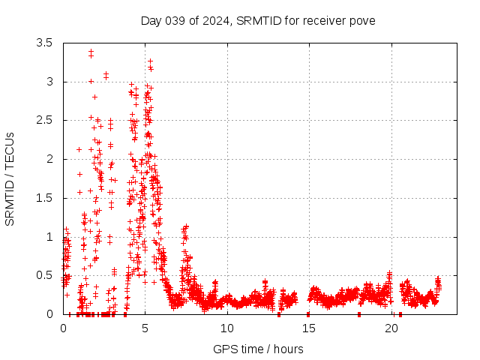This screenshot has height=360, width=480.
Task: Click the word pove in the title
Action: pos(361,20)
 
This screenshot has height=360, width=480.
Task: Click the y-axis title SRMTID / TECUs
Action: pos(10,178)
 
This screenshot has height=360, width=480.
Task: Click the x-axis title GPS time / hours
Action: pos(259,349)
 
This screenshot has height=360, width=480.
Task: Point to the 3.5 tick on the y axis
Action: pos(44,43)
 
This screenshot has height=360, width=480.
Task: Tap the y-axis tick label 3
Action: pos(49,82)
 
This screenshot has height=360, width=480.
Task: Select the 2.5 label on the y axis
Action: pos(44,120)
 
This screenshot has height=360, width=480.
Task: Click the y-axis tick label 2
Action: pos(49,159)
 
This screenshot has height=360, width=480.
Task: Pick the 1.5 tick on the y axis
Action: pos(44,198)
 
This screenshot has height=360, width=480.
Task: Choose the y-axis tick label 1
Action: pos(49,237)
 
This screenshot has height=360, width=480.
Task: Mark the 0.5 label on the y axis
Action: pos(44,275)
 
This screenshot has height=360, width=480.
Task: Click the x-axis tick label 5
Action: pos(145,328)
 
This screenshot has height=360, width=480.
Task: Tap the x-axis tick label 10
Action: pos(227,328)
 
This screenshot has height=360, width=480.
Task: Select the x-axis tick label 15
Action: pos(310,328)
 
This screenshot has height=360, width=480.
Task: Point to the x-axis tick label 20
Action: pos(392,328)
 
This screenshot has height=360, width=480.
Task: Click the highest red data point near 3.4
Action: pos(91,52)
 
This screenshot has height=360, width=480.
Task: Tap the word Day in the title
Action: pos(151,20)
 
